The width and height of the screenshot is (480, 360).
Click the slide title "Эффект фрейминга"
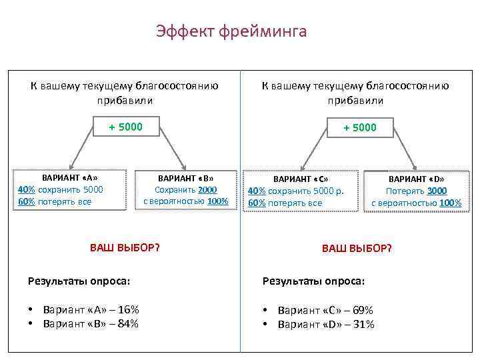click(231, 31)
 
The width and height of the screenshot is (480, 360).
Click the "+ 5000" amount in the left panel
click(126, 127)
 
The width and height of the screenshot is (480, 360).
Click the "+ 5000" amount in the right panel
click(360, 127)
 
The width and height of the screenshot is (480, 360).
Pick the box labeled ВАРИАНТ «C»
click(302, 191)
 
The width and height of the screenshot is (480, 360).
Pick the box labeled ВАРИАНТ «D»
click(416, 191)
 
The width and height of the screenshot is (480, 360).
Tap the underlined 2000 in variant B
click(207, 190)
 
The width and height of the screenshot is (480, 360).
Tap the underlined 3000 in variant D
click(437, 191)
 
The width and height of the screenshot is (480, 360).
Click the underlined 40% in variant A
click(26, 189)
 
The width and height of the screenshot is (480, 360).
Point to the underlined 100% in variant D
click(451, 203)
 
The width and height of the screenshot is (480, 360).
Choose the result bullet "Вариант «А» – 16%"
click(91, 310)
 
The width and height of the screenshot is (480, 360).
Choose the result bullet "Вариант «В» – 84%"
click(91, 324)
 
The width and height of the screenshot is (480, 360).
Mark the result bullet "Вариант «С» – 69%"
click(325, 311)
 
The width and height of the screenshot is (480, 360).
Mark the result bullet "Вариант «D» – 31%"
click(326, 325)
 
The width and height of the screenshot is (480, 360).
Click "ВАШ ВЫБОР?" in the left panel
click(125, 248)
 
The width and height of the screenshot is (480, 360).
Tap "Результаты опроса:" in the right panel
click(314, 281)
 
